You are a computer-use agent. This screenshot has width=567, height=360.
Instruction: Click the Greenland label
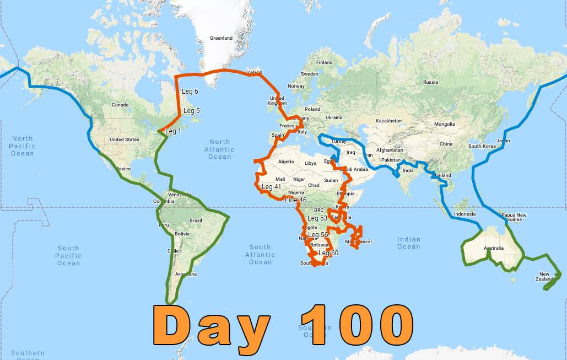click(x=221, y=38)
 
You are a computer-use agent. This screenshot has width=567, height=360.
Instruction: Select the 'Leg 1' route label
click(x=173, y=131)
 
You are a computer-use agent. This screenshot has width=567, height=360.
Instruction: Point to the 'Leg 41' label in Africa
click(x=271, y=187)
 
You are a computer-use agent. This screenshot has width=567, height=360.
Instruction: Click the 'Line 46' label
click(x=295, y=200)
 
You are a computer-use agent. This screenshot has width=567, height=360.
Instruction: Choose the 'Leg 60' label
click(x=328, y=253)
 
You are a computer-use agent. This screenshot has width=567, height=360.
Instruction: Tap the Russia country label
click(x=430, y=82)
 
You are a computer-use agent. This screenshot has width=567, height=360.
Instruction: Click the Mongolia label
click(x=444, y=124)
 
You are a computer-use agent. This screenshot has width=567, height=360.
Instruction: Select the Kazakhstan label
click(x=388, y=121)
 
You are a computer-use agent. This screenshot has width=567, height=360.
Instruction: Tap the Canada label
click(x=120, y=105)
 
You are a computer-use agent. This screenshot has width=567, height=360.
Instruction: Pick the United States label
click(x=124, y=139)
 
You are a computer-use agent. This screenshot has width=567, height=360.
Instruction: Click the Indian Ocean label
click(x=408, y=243)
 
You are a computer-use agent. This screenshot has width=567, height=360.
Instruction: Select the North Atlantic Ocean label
click(x=219, y=149)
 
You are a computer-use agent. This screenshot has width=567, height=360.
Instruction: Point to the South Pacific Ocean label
click(x=68, y=256)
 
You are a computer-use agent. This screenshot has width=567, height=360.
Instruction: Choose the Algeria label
click(x=286, y=162)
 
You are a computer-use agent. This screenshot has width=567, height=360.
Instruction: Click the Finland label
click(x=324, y=62)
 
